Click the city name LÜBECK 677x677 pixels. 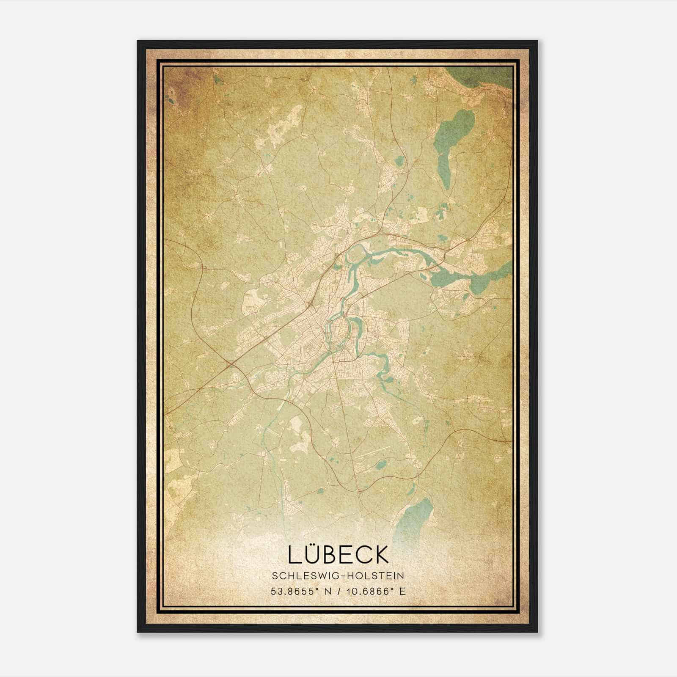tap(338, 554)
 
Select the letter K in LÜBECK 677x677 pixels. tap(380, 555)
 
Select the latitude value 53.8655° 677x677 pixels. tap(294, 591)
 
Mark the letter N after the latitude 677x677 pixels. tap(327, 591)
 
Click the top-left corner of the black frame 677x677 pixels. tap(138, 41)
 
